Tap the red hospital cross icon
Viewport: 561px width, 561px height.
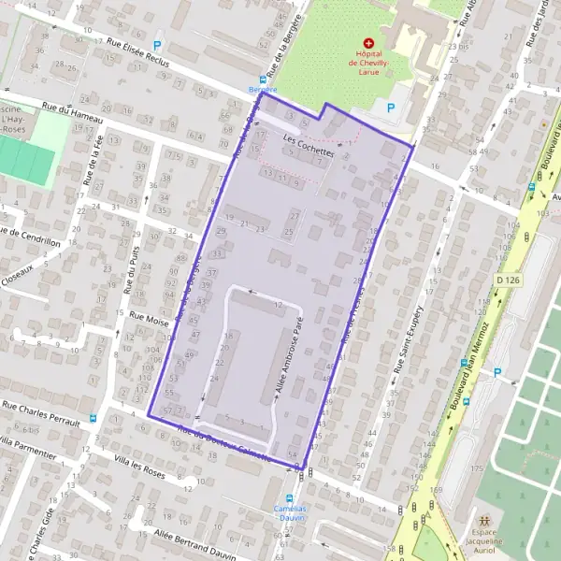(x=368, y=42)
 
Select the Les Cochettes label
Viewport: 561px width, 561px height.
(x=308, y=149)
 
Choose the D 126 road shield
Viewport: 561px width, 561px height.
(x=507, y=280)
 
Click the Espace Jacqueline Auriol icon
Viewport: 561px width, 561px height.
(x=484, y=520)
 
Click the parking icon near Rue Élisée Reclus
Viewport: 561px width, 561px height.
(x=157, y=44)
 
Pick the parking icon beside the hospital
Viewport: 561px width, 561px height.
(x=390, y=107)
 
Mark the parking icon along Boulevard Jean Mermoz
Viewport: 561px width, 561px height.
(x=498, y=373)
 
